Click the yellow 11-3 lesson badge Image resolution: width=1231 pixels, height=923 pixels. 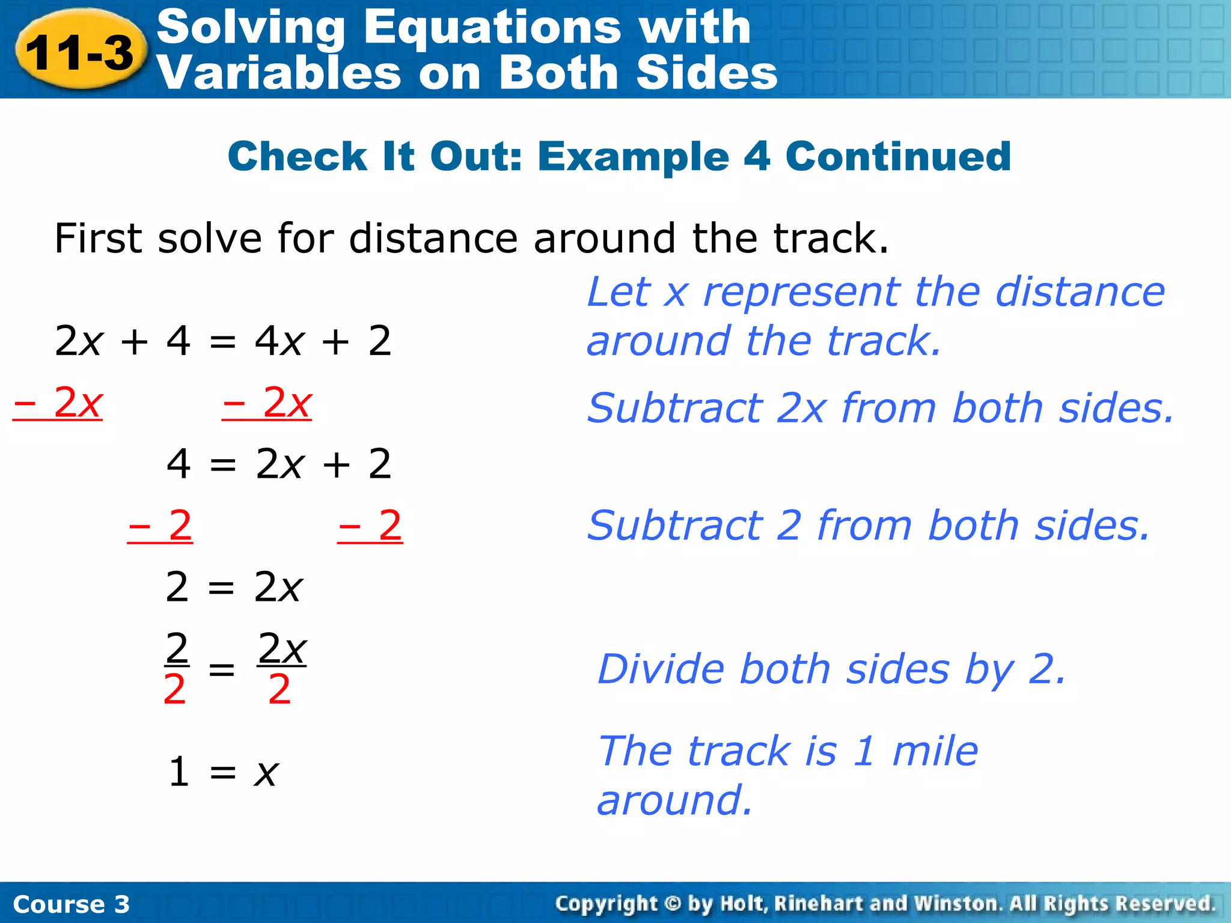[79, 52]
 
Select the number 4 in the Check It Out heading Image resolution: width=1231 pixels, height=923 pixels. [757, 156]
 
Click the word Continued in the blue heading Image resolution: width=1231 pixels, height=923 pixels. [898, 156]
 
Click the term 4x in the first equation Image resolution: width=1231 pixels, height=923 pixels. [278, 341]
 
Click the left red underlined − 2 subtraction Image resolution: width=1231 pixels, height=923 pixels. [160, 526]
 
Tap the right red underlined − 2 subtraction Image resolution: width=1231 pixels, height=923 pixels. [370, 526]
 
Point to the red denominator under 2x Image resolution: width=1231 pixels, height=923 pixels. [279, 690]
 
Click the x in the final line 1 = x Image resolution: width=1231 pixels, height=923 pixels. [266, 772]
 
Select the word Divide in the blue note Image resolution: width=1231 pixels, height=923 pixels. [661, 669]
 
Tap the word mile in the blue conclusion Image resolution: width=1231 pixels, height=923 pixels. [935, 751]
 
